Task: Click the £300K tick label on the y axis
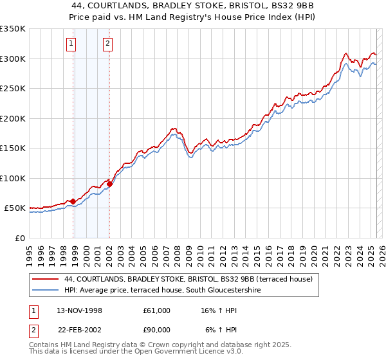click(x=13, y=59)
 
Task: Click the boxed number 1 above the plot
click(x=70, y=44)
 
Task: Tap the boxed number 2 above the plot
click(x=107, y=44)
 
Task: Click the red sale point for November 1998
click(x=73, y=202)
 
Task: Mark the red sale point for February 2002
click(x=110, y=184)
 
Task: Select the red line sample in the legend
click(x=45, y=279)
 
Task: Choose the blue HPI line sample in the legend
click(x=45, y=290)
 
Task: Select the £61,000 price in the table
click(x=157, y=310)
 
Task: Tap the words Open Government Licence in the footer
click(x=184, y=352)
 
